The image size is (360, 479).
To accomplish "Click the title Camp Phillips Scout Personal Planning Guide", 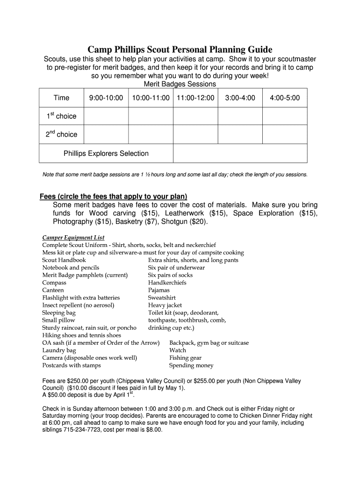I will (180, 50).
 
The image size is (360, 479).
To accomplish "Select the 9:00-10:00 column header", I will (106, 98).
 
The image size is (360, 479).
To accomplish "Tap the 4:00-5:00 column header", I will (285, 98).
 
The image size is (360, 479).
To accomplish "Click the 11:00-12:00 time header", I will (195, 98).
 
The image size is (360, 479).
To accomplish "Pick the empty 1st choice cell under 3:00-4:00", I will (240, 116).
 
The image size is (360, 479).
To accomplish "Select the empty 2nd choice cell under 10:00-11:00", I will (151, 134).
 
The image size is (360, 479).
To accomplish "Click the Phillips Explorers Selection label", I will (106, 153).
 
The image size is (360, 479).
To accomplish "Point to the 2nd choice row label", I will (61, 135).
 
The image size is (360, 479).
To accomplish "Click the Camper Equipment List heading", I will (73, 238).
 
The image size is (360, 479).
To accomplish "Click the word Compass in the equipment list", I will (54, 283).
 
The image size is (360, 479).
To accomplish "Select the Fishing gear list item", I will (185, 358).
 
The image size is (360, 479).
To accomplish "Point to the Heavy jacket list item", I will (165, 305).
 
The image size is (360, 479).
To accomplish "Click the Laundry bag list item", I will (59, 350).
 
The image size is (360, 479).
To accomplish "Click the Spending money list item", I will (191, 365).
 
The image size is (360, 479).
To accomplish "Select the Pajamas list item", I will (159, 290).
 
